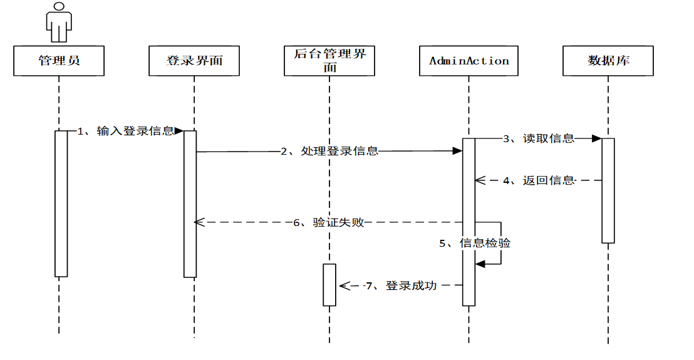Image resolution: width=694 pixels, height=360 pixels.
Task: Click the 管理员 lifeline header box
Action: (59, 61)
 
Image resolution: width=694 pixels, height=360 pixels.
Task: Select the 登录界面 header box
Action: (194, 61)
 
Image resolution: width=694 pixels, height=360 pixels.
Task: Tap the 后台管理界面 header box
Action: (329, 61)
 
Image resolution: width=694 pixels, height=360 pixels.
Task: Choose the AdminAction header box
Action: (469, 61)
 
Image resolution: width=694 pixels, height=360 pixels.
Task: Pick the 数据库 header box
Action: (608, 61)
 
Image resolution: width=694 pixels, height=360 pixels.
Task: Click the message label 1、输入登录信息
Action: (125, 131)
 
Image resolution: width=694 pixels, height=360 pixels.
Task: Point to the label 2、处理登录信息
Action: (329, 151)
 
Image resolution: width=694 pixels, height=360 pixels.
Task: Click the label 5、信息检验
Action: (475, 243)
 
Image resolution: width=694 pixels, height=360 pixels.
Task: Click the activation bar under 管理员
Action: (61, 203)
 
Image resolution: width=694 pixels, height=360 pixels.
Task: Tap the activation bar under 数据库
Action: (608, 190)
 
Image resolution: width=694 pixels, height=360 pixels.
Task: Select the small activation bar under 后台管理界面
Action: (329, 285)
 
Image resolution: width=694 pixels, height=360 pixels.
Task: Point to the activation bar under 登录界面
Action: (190, 203)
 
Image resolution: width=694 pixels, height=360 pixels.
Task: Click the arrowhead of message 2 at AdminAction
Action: (457, 151)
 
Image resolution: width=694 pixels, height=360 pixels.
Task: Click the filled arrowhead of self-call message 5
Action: (480, 264)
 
